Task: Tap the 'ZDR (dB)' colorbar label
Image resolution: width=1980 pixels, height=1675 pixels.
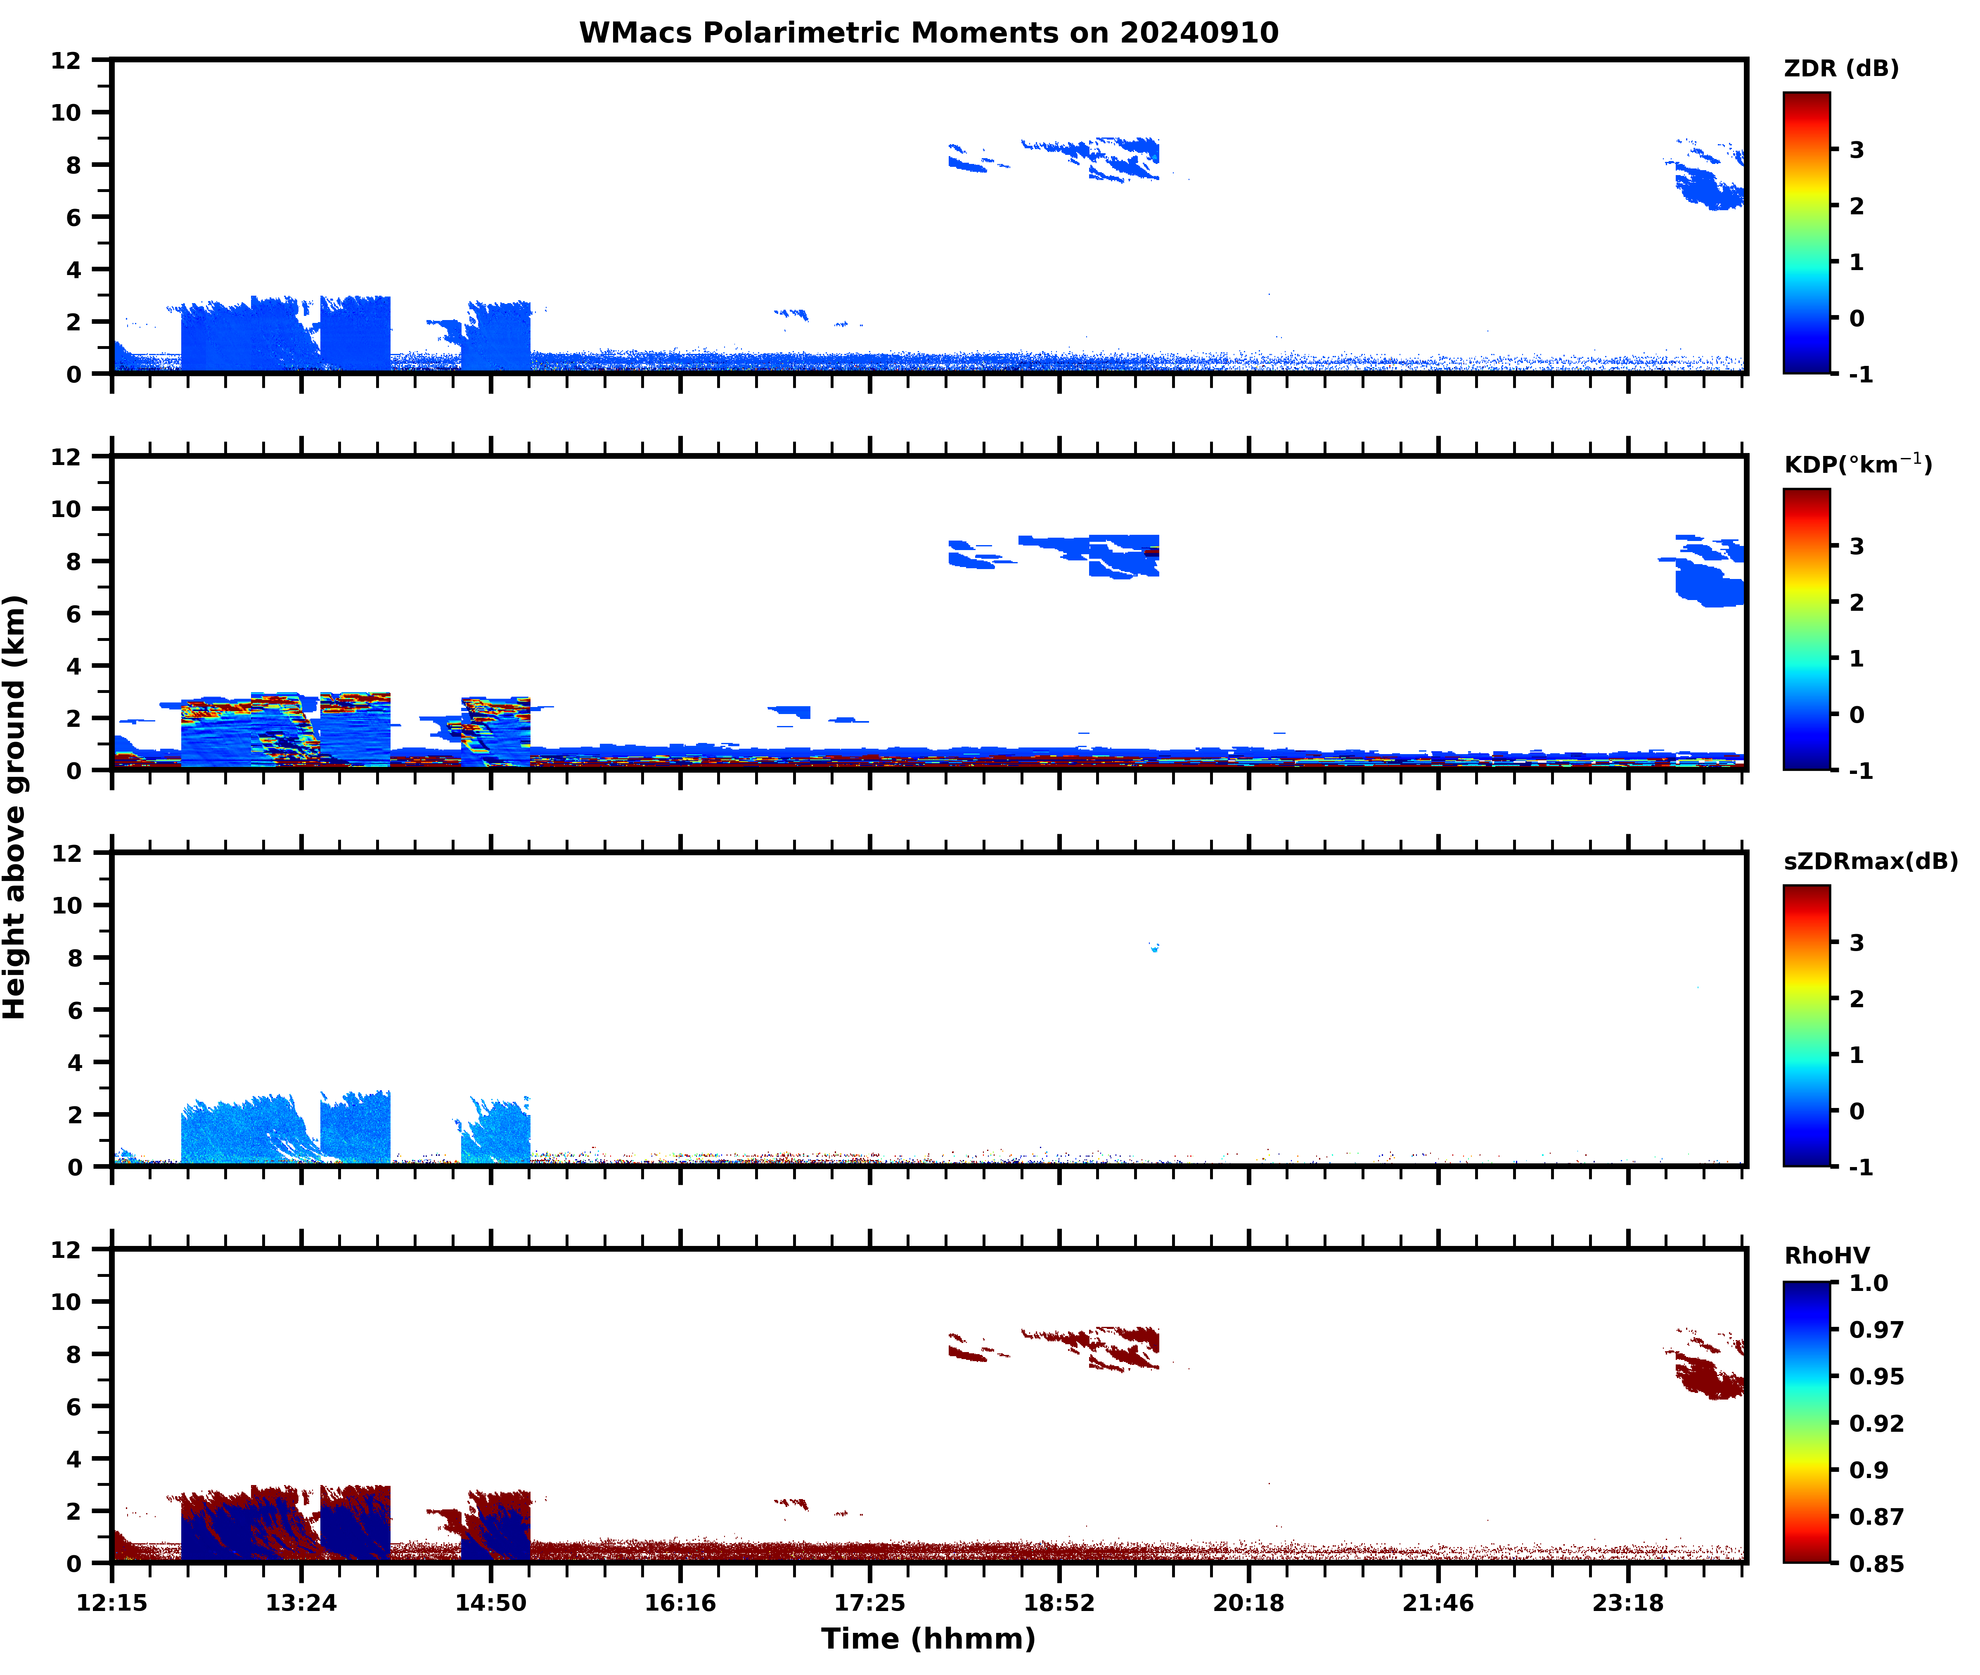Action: (x=1840, y=69)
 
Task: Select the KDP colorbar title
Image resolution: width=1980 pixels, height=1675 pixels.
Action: (x=1857, y=464)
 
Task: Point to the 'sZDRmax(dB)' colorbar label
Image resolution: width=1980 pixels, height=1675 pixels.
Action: (x=1870, y=861)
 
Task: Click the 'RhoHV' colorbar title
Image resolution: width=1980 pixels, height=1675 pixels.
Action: (x=1826, y=1255)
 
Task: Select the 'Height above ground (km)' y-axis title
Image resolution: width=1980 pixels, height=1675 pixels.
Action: (x=15, y=807)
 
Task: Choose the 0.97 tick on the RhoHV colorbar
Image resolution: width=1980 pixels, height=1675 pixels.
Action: (x=1876, y=1329)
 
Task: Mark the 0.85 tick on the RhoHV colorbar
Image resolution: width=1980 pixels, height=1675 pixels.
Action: (x=1876, y=1563)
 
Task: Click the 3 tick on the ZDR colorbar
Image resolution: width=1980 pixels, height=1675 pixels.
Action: (x=1857, y=150)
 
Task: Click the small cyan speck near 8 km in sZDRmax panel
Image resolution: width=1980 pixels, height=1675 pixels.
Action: (x=1154, y=948)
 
